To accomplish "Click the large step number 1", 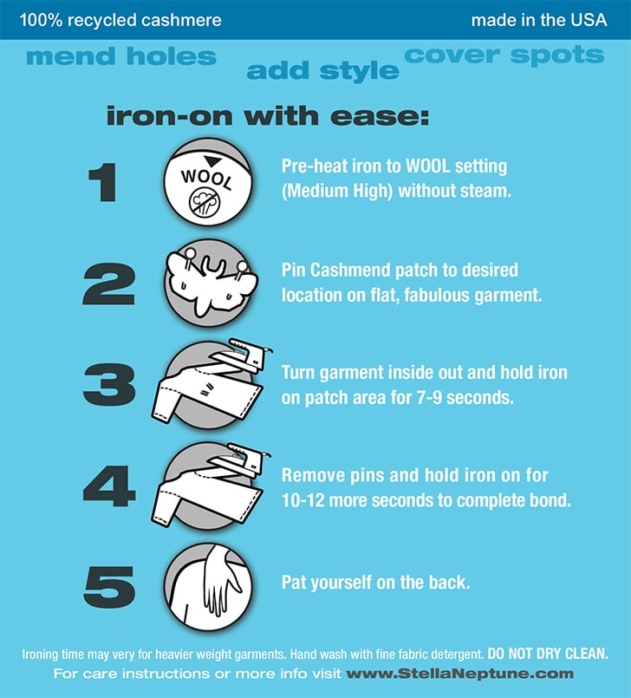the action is (103, 182).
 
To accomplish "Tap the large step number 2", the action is (109, 284).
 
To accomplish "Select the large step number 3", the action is (109, 385).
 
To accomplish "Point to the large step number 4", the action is (109, 486).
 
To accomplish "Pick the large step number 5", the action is (109, 587).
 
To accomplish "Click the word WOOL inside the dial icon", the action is (206, 179).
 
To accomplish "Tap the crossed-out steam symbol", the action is (205, 203).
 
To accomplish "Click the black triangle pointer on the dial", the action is (212, 160).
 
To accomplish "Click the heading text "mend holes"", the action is (121, 56).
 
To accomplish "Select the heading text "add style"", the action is (322, 71).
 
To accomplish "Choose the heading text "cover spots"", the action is (504, 55).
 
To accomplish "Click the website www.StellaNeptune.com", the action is (460, 674).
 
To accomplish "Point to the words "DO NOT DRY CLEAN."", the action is (548, 654).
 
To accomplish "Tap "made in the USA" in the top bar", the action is (539, 20).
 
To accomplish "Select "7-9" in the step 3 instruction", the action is (429, 397).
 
